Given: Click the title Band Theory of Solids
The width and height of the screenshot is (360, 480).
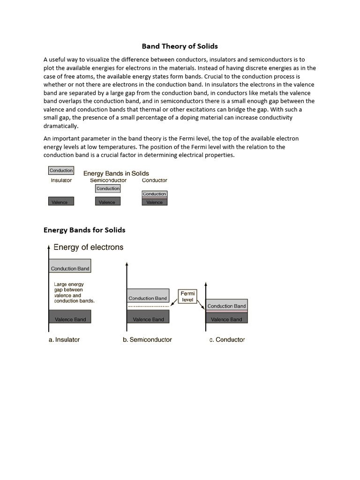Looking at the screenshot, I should tap(180, 46).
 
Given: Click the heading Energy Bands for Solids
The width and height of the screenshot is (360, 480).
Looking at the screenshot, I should tap(84, 230).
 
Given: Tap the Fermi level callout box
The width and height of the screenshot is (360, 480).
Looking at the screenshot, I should tap(187, 296).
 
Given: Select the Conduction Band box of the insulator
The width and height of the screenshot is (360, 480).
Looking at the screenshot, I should tap(70, 268).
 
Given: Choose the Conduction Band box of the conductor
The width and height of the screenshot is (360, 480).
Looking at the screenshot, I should tap(226, 306).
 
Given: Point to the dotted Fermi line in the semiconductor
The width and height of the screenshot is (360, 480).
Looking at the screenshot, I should tap(148, 307).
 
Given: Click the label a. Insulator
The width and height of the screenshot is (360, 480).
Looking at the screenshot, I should tap(64, 340).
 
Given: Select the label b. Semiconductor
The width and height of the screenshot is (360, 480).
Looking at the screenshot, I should tap(147, 340).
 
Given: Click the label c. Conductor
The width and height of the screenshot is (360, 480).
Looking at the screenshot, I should tap(227, 340).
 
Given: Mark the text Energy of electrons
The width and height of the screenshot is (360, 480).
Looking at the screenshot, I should tap(89, 247).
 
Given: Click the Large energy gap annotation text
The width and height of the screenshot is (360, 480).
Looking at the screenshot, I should tap(74, 292).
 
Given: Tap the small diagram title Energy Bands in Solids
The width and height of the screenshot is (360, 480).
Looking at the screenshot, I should tap(116, 173).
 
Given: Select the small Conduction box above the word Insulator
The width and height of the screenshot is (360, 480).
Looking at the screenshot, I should tap(61, 171).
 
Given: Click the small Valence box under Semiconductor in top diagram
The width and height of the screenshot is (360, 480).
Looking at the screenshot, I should tap(108, 202).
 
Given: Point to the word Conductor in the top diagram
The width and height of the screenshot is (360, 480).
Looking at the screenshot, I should tap(154, 180).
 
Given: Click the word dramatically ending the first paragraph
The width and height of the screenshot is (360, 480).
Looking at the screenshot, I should tap(61, 126).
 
